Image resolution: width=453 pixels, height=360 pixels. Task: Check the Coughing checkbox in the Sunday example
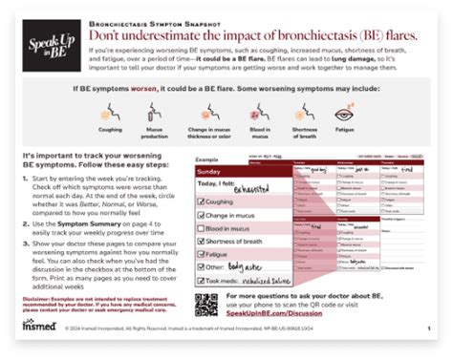[x=201, y=202]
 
